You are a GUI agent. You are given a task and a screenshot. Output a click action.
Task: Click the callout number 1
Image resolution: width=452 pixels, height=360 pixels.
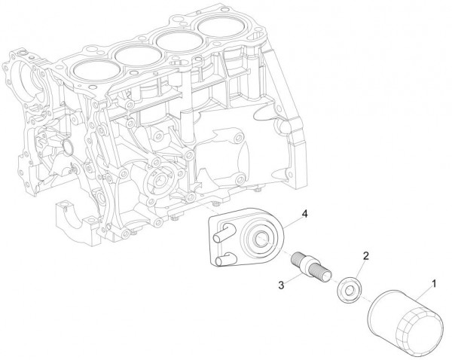tap(432, 285)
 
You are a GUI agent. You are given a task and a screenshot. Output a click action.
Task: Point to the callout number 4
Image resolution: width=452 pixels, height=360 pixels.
tap(304, 215)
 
